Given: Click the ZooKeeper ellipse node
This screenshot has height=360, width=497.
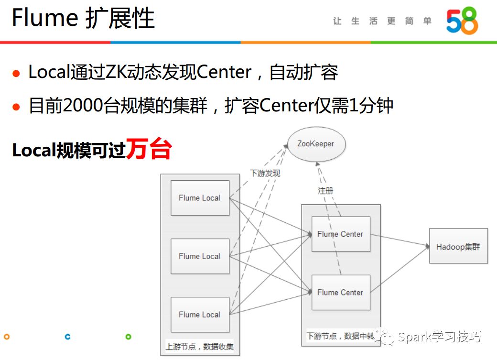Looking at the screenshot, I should [x=316, y=144].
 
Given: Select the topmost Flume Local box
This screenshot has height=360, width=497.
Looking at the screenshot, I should [x=200, y=198].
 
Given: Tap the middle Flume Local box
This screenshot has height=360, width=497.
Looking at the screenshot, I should [x=200, y=256].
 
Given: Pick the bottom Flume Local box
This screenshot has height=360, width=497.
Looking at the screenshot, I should [x=200, y=315].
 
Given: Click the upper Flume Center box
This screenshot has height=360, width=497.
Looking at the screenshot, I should [x=340, y=234].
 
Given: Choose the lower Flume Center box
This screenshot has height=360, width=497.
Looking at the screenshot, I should [x=340, y=292].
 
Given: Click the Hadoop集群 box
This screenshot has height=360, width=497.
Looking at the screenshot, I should [x=458, y=246].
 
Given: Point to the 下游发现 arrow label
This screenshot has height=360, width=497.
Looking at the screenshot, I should [x=265, y=173].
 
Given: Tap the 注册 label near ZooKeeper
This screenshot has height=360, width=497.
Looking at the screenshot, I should [x=325, y=190].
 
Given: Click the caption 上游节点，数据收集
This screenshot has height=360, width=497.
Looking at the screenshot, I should [x=200, y=347].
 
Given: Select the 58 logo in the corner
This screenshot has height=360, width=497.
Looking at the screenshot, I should [x=462, y=21].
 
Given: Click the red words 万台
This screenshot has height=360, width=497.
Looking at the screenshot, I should [x=148, y=150].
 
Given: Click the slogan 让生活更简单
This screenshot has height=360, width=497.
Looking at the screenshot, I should [x=382, y=21].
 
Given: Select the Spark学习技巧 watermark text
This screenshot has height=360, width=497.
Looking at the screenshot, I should [x=439, y=337].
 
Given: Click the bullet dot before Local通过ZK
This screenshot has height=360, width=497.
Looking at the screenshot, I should [x=17, y=74].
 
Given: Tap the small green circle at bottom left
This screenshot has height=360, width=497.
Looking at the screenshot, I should [x=128, y=337].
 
